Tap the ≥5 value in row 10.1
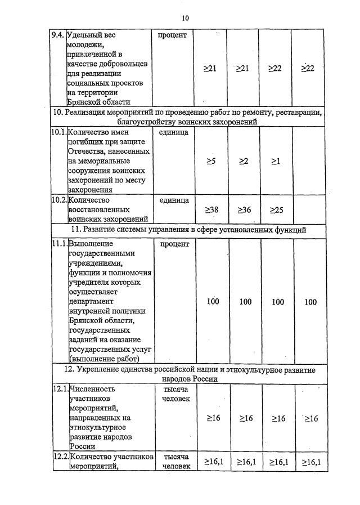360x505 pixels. (x=211, y=162)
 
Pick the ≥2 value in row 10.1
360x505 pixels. (x=244, y=162)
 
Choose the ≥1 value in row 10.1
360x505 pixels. (x=276, y=162)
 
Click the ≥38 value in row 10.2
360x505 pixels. (x=211, y=209)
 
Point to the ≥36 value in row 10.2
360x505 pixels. (x=244, y=209)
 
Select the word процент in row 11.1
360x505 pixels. (x=175, y=244)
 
